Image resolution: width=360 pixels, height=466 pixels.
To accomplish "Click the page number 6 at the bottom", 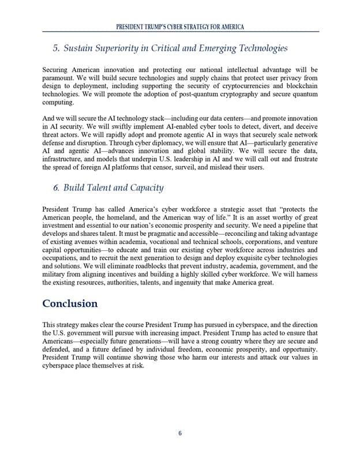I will coord(179,434).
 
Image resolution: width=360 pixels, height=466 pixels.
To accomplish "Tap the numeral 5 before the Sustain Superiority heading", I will coord(56,48).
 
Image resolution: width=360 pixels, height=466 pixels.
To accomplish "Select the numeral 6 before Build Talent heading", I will coord(56,187).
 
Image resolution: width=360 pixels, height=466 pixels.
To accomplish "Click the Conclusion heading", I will coord(70,303).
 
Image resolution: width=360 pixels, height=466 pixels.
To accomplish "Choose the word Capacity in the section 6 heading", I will coord(144,187).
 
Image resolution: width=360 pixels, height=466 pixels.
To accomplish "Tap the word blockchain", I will coord(298,87).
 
